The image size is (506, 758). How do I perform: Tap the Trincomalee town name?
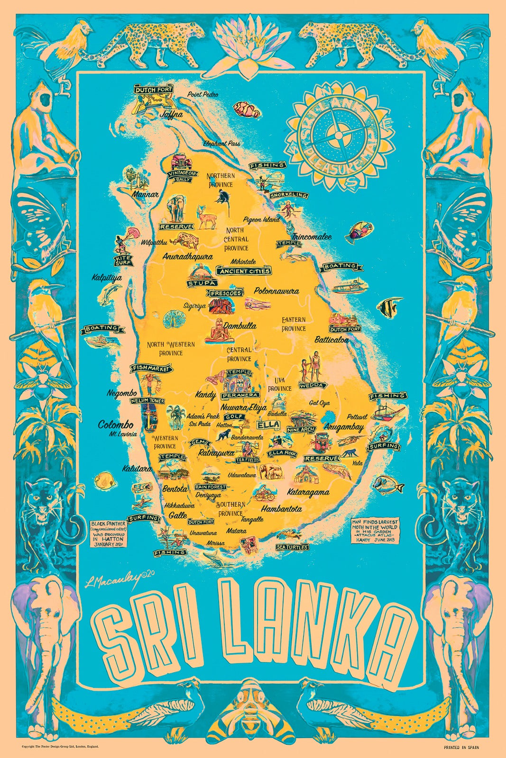(312, 236)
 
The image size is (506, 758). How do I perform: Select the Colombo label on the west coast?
(115, 424)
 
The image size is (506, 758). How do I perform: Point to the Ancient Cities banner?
(244, 271)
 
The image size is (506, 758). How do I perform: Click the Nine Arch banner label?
(301, 430)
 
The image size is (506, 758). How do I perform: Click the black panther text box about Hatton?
(109, 533)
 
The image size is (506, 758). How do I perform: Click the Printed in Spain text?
(461, 747)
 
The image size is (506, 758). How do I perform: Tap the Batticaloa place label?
(331, 340)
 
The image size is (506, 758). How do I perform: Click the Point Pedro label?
(202, 94)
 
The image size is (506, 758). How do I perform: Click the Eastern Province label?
(294, 324)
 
